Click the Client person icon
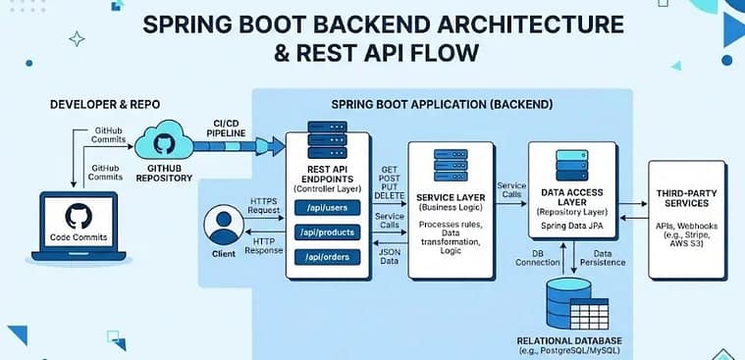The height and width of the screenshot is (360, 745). pos(223,228)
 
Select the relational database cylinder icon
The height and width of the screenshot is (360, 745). pos(572,301)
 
